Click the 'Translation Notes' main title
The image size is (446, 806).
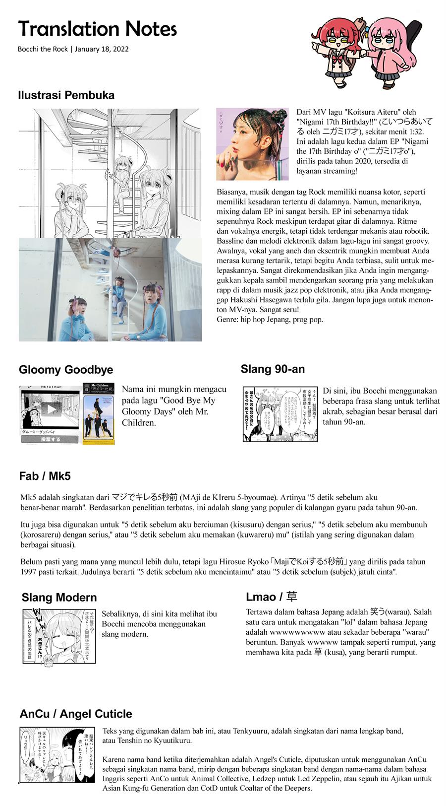[x=97, y=29]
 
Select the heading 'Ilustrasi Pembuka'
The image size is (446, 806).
[x=66, y=95]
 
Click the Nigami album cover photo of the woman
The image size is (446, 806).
[x=252, y=144]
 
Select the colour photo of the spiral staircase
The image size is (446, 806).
[x=110, y=290]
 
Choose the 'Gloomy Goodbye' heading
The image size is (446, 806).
[x=66, y=370]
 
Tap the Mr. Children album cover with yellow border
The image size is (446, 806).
[x=99, y=413]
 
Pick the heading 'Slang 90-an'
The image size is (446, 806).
[x=273, y=369]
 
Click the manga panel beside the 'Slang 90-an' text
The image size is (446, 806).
[x=279, y=413]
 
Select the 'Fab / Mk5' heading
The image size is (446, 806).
[x=45, y=476]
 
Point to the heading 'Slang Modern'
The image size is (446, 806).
[x=59, y=598]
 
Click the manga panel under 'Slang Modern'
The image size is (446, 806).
[x=59, y=636]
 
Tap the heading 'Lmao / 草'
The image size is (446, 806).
[x=272, y=597]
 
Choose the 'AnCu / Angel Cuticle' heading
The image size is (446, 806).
[x=76, y=714]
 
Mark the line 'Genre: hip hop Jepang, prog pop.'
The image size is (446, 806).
[x=270, y=319]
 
